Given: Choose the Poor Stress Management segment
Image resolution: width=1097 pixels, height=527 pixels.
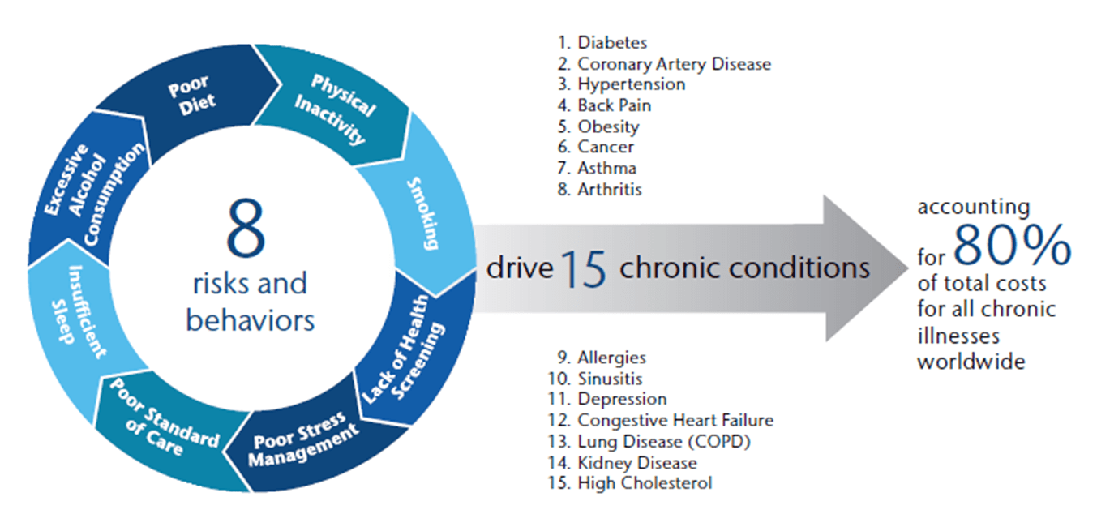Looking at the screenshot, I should [x=305, y=441].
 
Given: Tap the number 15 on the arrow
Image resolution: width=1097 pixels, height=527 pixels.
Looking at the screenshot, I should [x=583, y=269].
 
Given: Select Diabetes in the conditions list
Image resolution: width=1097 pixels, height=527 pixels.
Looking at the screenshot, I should [x=612, y=42].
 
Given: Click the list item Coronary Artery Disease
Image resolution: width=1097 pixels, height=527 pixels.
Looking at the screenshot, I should [x=673, y=63].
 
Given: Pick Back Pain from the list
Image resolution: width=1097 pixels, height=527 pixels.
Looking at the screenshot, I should [x=614, y=105].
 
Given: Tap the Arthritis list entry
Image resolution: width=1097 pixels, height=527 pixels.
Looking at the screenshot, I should [x=609, y=190].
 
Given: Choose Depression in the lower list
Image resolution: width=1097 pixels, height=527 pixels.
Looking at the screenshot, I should [x=622, y=399].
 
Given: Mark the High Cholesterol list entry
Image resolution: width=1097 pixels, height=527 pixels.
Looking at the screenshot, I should [x=644, y=483].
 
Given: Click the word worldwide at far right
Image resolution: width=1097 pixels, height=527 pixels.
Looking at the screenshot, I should [x=971, y=361].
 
